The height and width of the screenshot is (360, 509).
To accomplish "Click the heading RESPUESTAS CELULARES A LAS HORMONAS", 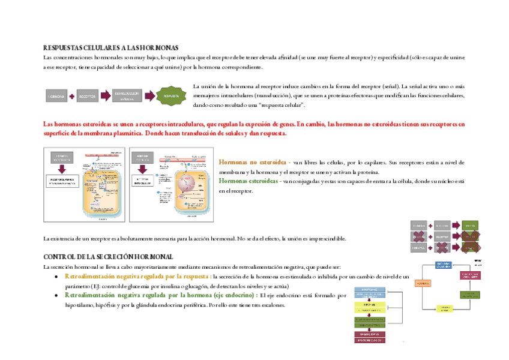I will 110,47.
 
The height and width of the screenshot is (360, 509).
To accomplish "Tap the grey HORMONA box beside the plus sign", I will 56,96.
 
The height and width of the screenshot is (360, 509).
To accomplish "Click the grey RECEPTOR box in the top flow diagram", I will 88,96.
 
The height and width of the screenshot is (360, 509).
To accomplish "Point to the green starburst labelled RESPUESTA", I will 171,95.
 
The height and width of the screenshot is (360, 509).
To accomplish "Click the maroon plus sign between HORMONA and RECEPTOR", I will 72,96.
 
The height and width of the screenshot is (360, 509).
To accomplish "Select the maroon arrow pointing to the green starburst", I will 149,95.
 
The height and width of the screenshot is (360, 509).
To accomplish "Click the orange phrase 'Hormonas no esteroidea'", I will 252,162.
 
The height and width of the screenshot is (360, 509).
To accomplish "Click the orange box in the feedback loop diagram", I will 423,283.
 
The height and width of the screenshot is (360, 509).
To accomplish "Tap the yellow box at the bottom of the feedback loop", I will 444,308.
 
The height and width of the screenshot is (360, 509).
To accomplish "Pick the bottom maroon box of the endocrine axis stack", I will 369,340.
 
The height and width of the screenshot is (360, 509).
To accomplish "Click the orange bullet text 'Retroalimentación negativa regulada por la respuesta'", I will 137,277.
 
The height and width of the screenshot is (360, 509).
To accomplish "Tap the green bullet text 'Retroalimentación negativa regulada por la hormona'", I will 160,295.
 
